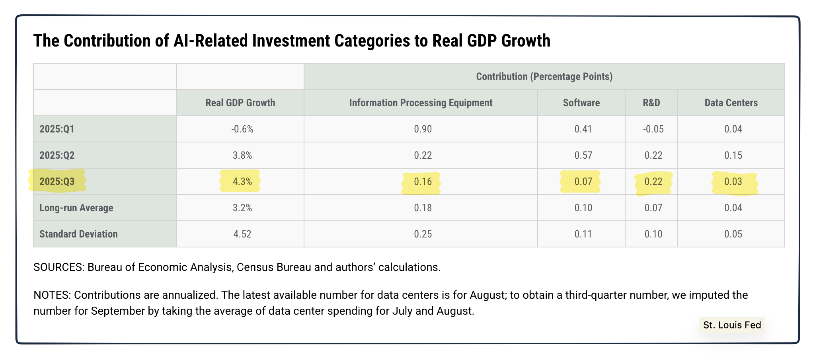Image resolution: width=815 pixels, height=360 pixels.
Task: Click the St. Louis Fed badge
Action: click(x=732, y=325)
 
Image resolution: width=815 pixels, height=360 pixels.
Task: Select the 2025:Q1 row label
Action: click(x=57, y=129)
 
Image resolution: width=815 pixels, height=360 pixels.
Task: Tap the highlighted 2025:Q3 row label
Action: click(x=57, y=181)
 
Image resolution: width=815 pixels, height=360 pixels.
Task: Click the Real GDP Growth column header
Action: click(x=240, y=103)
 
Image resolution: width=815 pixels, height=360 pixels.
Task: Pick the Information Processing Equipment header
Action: click(x=421, y=103)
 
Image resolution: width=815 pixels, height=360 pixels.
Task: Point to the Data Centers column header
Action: click(x=731, y=103)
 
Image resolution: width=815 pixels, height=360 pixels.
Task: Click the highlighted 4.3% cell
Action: click(x=242, y=181)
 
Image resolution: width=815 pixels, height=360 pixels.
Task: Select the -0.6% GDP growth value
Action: click(x=242, y=129)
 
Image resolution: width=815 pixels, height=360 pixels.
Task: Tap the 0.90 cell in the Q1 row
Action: click(x=423, y=129)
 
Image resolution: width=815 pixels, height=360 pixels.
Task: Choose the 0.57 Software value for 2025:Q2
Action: click(x=583, y=155)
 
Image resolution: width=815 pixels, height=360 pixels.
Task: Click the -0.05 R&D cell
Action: click(x=653, y=129)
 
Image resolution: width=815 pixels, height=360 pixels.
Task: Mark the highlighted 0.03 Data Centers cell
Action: click(x=733, y=181)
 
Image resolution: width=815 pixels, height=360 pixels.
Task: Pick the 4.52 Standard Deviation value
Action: click(x=242, y=234)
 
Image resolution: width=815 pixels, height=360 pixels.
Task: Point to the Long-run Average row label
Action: click(x=76, y=208)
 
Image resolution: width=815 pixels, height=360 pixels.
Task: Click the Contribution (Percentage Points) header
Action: click(x=544, y=76)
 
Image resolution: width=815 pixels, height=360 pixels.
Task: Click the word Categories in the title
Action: click(x=372, y=41)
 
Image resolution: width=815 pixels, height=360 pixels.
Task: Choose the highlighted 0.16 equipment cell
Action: click(x=423, y=181)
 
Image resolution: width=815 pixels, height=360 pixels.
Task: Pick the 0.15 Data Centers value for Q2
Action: click(x=733, y=155)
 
